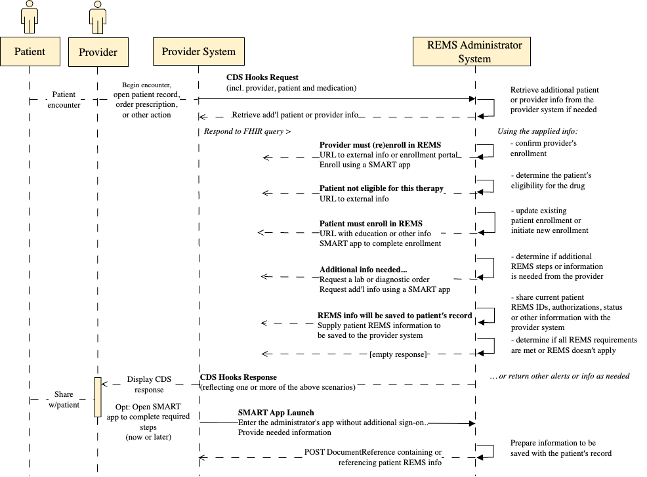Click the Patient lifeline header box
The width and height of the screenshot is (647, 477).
tap(30, 52)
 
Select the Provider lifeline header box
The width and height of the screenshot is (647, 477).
tap(98, 52)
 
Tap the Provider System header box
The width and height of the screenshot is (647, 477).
tap(198, 52)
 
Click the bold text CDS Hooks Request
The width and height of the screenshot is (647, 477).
tap(262, 77)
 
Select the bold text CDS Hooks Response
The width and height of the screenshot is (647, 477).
tap(238, 377)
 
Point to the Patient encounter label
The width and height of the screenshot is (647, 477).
tap(64, 99)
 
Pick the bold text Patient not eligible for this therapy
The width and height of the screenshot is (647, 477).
tap(381, 188)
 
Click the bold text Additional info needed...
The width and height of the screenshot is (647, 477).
tap(363, 270)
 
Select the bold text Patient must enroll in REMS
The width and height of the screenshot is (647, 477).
tap(371, 224)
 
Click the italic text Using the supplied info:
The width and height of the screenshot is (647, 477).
tap(537, 131)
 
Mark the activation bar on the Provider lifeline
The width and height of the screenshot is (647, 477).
tap(98, 397)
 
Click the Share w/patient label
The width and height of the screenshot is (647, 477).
tap(64, 400)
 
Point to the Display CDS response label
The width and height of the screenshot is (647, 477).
tap(149, 384)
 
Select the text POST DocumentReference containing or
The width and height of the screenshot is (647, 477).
tap(373, 452)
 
